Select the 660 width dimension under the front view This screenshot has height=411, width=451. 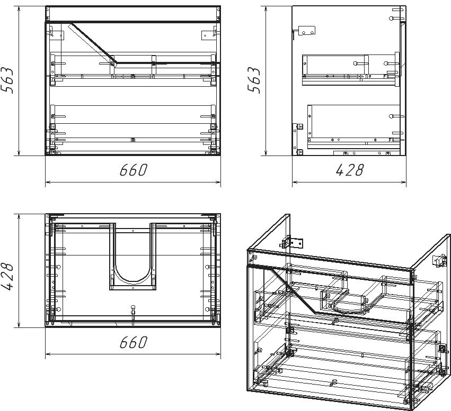coord(133,170)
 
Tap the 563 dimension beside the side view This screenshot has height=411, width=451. coord(254,80)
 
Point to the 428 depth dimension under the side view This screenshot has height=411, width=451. coord(349,170)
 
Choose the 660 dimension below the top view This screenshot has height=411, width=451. coord(133,342)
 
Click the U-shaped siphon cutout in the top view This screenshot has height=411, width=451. coord(132,281)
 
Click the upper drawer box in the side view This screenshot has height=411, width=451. coord(351,70)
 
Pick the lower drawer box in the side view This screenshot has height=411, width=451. coord(354,126)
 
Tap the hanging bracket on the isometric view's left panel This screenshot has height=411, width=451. coord(291,242)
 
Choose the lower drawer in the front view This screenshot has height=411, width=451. coord(133,129)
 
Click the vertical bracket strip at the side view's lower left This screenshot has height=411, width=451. coord(295,139)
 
